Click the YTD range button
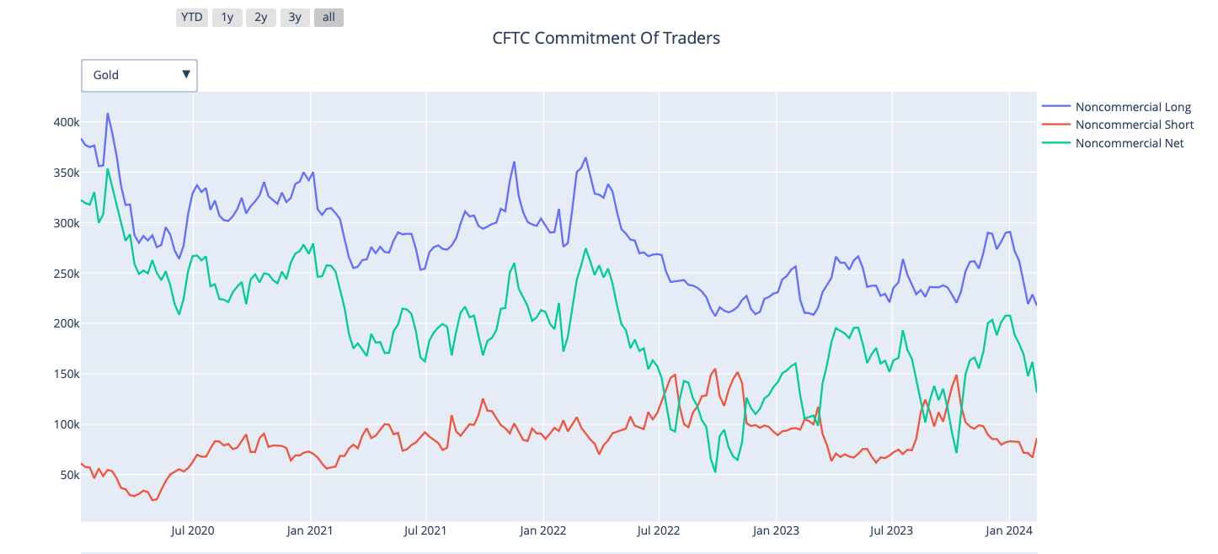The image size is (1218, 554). tap(192, 17)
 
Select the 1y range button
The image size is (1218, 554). tap(227, 17)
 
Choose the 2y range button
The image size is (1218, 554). tap(260, 17)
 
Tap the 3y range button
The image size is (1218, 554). tap(294, 17)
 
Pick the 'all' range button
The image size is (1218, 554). tap(329, 17)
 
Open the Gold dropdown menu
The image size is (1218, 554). tap(139, 75)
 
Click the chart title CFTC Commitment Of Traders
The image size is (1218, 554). tap(606, 38)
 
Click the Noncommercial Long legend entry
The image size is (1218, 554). tap(1133, 106)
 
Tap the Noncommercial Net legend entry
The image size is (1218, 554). tap(1130, 143)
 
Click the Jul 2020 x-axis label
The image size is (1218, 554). tap(193, 530)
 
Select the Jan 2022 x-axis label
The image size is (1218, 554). tap(542, 530)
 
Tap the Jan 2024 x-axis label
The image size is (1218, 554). tap(1008, 530)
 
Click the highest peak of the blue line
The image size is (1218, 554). tap(107, 114)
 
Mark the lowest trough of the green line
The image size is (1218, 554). tap(715, 471)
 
